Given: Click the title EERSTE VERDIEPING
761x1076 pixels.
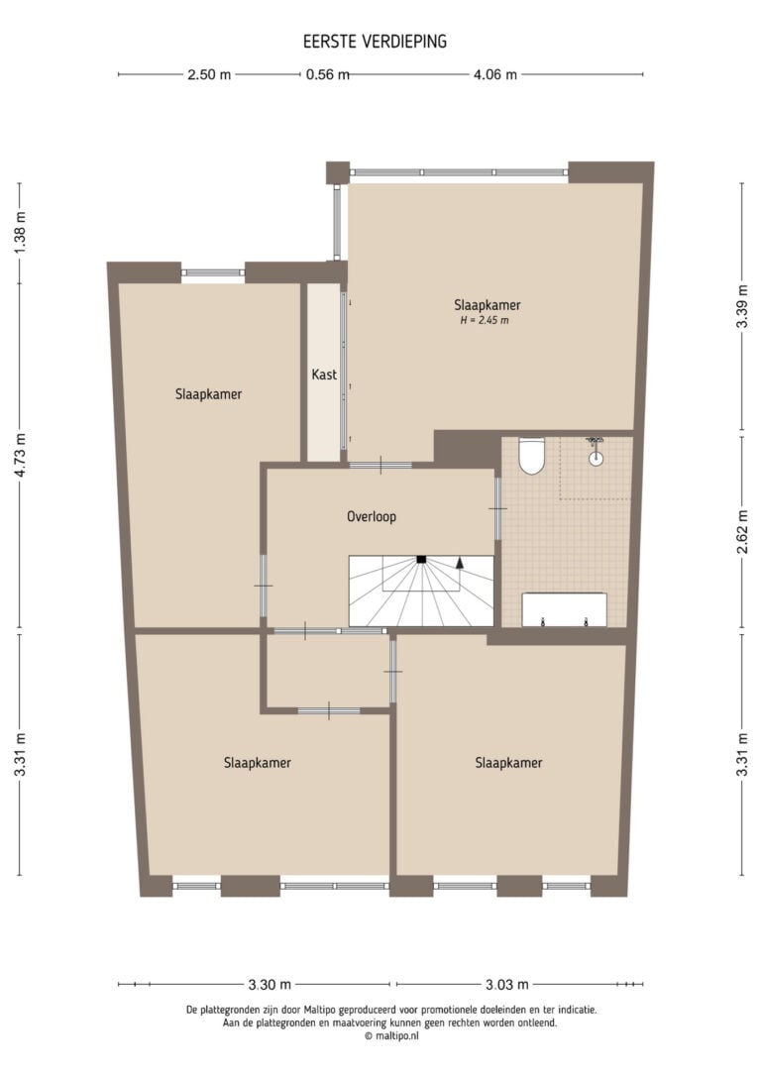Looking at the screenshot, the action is point(375,42).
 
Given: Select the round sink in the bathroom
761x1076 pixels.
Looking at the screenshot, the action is point(596,459).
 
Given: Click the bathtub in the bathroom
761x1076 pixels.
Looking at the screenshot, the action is point(564,610).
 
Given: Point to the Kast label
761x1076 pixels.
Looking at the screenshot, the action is point(324,375).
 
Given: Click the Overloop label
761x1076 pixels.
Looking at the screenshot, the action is point(372,517).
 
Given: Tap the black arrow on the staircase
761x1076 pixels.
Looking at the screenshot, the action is point(460,562).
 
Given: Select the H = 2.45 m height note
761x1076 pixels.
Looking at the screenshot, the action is point(485,320).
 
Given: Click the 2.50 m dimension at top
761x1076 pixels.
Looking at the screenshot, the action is point(209,74).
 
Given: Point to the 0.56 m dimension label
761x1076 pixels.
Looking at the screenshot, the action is point(327,74).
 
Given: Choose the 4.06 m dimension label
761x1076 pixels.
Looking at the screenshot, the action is point(494,74).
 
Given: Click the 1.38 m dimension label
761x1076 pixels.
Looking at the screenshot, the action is point(20,233).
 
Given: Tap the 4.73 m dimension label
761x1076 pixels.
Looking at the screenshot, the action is point(20,456).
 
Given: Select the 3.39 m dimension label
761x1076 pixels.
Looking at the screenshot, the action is point(742,306).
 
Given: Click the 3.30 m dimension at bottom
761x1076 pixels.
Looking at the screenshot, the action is point(269,985).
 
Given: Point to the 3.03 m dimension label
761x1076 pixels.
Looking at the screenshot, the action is point(507,985).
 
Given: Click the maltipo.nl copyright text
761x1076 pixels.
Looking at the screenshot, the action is point(391,1036).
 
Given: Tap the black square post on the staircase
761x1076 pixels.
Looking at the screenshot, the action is point(421,559).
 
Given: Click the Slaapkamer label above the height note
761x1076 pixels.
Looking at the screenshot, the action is point(488,305).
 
